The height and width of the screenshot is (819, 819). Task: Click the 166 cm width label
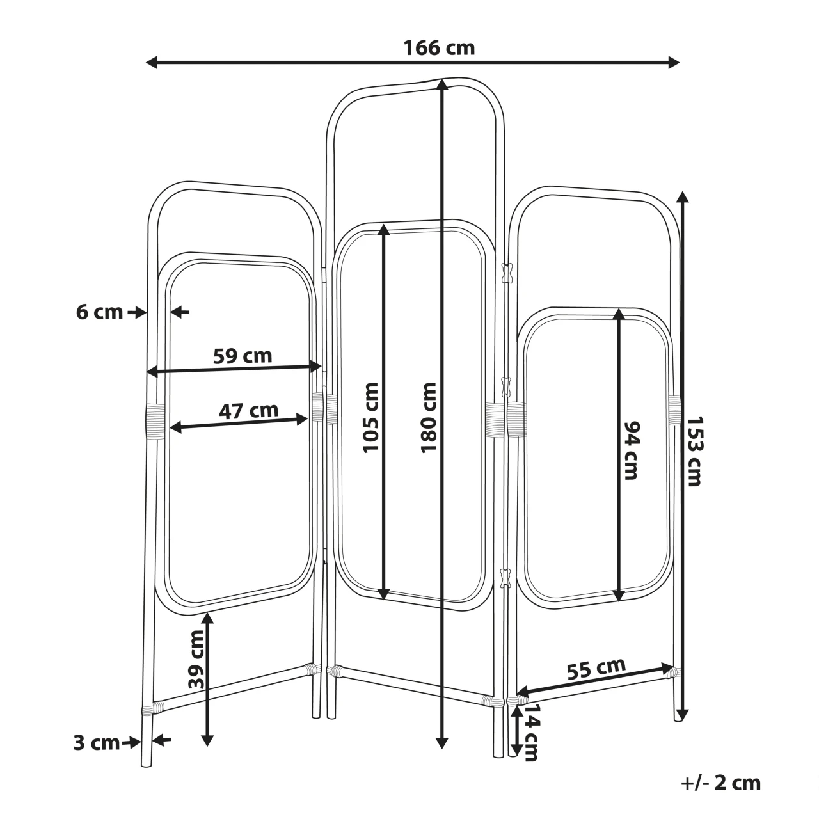(x=439, y=47)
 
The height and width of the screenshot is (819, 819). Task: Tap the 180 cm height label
(x=429, y=417)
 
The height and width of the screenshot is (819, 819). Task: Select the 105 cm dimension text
(x=370, y=417)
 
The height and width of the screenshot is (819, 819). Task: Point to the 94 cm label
(x=632, y=450)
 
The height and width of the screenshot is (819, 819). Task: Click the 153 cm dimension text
(x=694, y=451)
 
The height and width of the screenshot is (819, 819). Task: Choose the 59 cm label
(x=243, y=356)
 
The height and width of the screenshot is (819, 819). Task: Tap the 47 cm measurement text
(x=249, y=411)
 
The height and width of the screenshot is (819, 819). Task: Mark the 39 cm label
(x=196, y=665)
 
